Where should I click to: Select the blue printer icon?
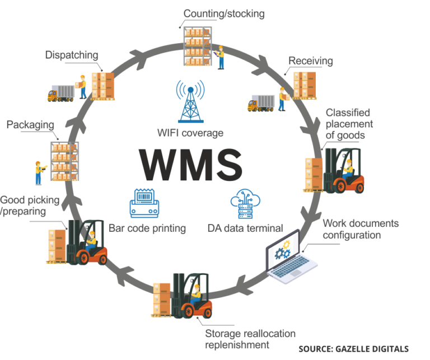click(x=145, y=203)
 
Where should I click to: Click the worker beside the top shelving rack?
click(x=221, y=56)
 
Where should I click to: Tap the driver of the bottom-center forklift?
click(x=196, y=294)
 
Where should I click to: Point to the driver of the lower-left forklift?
click(x=90, y=238)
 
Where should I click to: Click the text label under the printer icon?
click(x=148, y=228)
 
